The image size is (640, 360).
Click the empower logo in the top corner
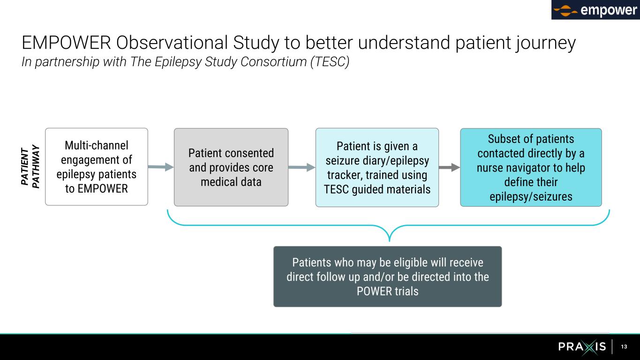pos(595,10)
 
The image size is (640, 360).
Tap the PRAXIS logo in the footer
pos(582,347)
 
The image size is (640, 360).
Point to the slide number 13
pos(624,347)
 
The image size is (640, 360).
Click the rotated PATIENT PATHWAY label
pos(31,167)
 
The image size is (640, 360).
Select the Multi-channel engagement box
pos(96,167)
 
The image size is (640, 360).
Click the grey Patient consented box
pos(231,167)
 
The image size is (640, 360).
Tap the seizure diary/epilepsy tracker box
pos(377,167)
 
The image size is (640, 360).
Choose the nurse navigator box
pos(530,167)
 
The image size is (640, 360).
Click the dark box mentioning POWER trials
pos(387,277)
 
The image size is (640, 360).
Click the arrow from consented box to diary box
pos(301,167)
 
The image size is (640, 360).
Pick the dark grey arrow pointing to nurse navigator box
pos(449,167)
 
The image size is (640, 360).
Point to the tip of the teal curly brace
pos(389,240)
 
